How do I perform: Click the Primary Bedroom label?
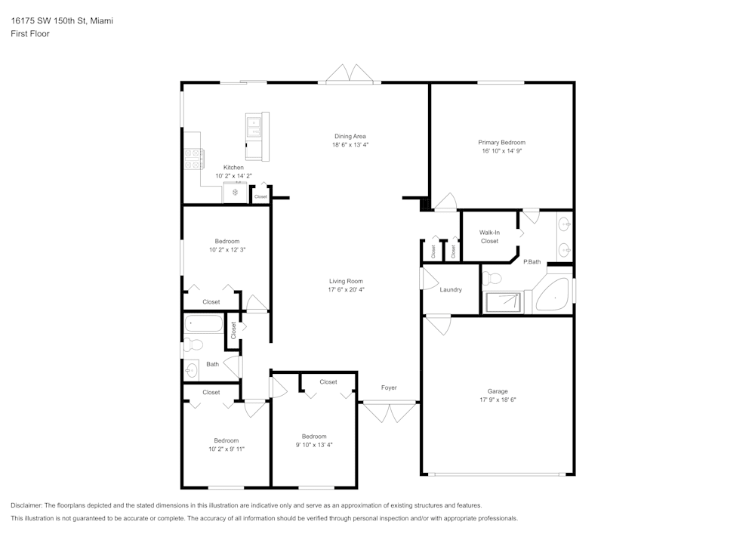tap(501, 142)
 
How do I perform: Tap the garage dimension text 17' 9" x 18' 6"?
tap(497, 400)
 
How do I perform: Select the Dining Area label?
tap(350, 136)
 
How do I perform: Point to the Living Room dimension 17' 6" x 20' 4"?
tap(346, 289)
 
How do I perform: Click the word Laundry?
tap(451, 289)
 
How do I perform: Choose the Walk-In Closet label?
tap(489, 236)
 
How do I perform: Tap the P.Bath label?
tap(532, 261)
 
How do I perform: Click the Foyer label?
tap(389, 387)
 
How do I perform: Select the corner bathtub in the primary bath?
tap(553, 296)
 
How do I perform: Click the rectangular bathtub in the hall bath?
tap(204, 325)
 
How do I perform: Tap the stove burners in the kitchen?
tap(193, 159)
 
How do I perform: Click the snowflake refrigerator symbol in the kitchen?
tap(236, 193)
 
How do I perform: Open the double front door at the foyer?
tap(389, 412)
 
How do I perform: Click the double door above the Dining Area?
tap(350, 74)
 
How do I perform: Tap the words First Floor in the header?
tap(30, 34)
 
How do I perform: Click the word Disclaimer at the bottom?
tap(27, 505)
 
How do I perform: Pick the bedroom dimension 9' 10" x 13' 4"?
tap(314, 445)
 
